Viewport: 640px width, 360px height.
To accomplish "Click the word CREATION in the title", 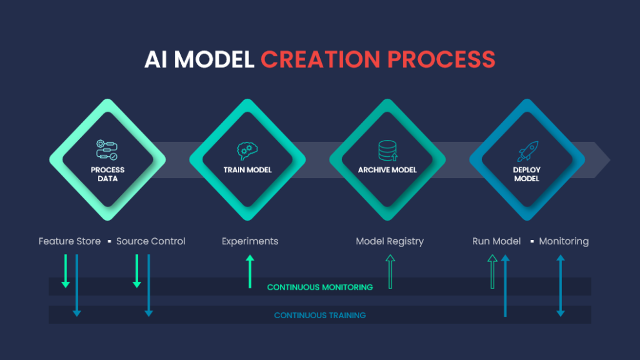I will [x=319, y=59].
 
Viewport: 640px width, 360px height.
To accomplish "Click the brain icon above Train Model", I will [x=248, y=151].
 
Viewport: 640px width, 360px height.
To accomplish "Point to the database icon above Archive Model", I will [x=387, y=150].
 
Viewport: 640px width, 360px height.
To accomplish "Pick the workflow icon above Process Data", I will [x=107, y=150].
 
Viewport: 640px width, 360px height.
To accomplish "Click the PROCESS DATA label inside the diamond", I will [x=108, y=174].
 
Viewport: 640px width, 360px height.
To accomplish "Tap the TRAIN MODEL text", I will [x=248, y=170].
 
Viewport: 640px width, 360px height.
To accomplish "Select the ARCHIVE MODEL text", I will [x=387, y=170].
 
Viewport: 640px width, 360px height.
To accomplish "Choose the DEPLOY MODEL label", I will [x=526, y=174].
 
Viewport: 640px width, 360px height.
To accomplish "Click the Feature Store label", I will [x=70, y=241].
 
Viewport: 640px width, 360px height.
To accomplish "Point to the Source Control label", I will [x=151, y=241].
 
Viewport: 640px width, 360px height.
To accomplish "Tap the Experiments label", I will [x=250, y=241].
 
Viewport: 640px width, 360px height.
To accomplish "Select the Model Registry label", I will [x=390, y=241].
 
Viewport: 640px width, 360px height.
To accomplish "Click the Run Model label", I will [x=496, y=241].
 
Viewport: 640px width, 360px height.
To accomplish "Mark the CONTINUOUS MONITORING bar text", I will [x=320, y=287].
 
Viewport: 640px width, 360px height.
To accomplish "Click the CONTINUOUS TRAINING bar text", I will [x=320, y=315].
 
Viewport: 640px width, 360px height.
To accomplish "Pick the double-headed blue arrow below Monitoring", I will [x=561, y=285].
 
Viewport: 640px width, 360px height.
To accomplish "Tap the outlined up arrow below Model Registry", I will [x=390, y=271].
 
